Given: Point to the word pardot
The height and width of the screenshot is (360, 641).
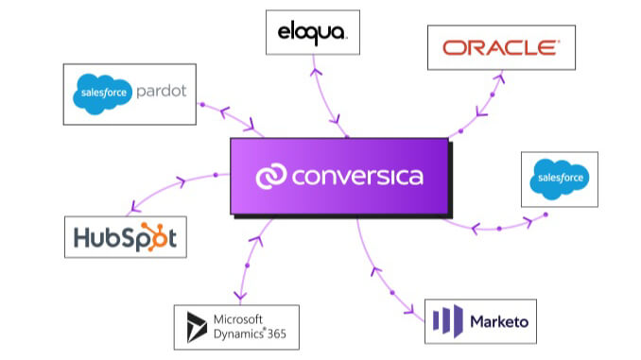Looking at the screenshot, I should click(x=164, y=93).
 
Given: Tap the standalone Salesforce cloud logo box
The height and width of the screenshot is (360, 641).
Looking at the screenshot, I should click(x=560, y=178).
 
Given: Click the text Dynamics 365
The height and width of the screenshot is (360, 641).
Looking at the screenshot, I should click(x=251, y=334).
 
